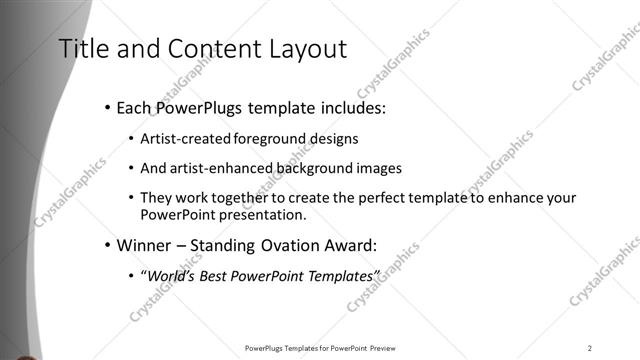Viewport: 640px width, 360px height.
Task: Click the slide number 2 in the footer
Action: [x=590, y=348]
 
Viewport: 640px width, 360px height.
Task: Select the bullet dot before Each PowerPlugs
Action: [x=107, y=107]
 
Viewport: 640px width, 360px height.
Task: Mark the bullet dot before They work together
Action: [x=132, y=198]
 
